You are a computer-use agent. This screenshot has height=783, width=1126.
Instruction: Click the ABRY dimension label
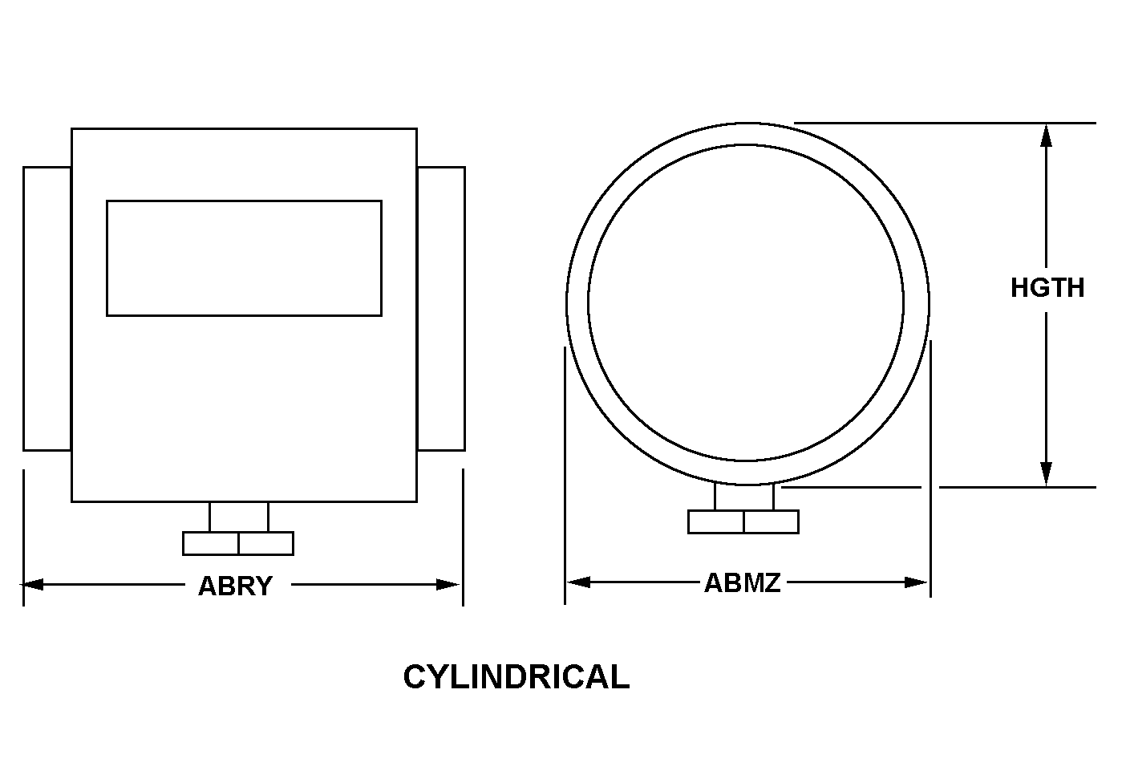point(235,586)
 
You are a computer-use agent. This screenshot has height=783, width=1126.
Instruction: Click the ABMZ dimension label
point(742,583)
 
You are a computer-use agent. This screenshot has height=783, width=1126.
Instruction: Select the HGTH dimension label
point(1047,288)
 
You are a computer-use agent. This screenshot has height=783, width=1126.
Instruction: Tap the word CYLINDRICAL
point(516,677)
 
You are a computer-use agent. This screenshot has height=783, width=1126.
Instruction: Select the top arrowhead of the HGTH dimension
point(1046,136)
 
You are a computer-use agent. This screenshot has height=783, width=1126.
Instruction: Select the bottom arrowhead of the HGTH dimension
point(1046,473)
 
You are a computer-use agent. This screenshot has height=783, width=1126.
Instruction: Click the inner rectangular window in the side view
point(244,258)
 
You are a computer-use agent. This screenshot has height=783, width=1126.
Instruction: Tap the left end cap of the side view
point(47,309)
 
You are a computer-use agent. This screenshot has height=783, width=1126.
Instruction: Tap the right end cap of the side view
point(441,309)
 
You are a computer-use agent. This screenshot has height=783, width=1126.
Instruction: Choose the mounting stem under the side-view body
point(239,517)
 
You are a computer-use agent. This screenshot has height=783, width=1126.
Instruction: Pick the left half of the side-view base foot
point(211,543)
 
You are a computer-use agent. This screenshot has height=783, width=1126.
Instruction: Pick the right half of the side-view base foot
point(266,543)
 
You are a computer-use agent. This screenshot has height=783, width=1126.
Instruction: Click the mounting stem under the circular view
point(744,497)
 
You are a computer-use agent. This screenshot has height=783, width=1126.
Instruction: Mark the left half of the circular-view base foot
point(716,521)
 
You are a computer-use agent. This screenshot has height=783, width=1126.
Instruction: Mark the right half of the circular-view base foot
point(771,521)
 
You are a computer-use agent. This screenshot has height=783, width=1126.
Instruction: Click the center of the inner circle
point(746,303)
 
